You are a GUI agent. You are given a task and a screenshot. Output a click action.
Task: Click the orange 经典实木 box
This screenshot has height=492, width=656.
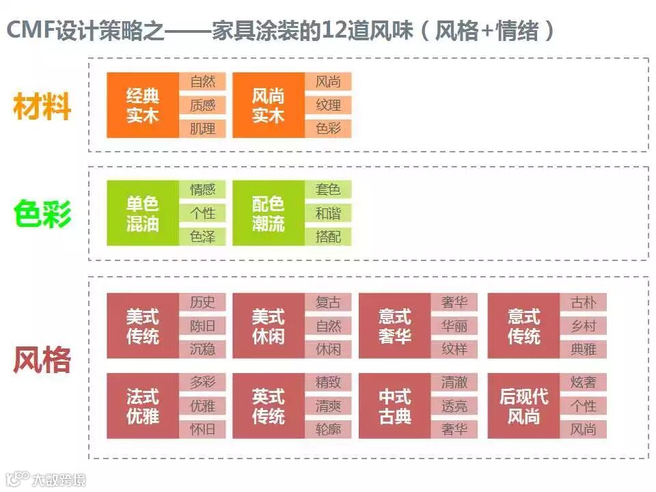pos(142,105)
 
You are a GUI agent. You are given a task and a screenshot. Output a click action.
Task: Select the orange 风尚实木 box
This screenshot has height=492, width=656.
pos(268,105)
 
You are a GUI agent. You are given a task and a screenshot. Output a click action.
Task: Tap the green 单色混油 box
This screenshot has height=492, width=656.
pos(142,213)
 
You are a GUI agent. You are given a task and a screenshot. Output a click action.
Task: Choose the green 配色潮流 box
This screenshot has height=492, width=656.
pos(268,213)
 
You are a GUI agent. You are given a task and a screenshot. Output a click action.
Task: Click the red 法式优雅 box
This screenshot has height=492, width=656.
pos(142,406)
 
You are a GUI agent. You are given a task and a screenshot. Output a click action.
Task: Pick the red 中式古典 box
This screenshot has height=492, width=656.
pos(394,406)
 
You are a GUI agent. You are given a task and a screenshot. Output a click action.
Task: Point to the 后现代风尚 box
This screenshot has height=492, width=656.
pos(523,406)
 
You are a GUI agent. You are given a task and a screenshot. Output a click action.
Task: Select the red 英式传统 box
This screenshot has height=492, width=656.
pos(268,406)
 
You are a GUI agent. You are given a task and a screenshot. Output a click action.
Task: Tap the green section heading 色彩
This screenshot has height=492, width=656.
pos(42,215)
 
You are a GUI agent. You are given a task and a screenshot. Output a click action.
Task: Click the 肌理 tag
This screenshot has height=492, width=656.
pos(202,128)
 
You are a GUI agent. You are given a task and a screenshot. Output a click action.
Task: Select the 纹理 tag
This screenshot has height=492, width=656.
pos(328,105)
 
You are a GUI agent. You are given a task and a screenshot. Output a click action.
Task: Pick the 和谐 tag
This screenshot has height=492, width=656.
pos(328,213)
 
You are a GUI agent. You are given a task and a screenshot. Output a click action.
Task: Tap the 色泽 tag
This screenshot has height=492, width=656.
pos(202,236)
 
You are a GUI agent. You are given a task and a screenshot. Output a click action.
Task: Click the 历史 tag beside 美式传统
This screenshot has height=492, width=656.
pos(202,302)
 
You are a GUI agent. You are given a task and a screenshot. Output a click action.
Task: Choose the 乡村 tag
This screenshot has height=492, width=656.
pos(584,325)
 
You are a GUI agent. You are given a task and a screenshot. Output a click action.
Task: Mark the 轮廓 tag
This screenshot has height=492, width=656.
pos(328,429)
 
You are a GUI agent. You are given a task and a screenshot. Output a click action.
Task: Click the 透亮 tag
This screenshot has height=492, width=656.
pos(454,406)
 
